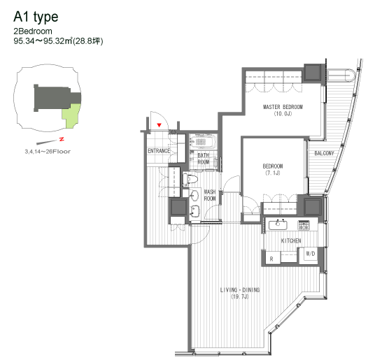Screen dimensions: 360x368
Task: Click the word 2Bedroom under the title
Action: pos(32,31)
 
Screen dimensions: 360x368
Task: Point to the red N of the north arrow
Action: pos(62,140)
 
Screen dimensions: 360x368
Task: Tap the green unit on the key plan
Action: pos(71,116)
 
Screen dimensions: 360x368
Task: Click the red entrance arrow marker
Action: pos(160,125)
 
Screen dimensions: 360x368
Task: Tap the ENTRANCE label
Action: pos(160,151)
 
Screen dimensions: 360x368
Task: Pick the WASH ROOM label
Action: pos(209,194)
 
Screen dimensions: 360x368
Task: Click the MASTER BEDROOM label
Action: pos(283,110)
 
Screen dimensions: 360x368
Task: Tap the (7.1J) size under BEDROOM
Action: pos(272,173)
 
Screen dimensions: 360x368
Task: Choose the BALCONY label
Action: pos(323,153)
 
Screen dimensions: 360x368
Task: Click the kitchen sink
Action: pos(278,225)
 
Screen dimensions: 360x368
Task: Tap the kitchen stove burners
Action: pos(304,225)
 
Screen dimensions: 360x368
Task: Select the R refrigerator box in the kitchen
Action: pos(271,258)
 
